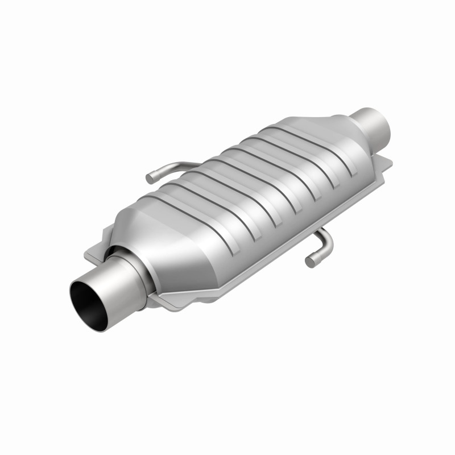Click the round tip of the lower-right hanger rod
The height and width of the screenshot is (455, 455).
point(310,262)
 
